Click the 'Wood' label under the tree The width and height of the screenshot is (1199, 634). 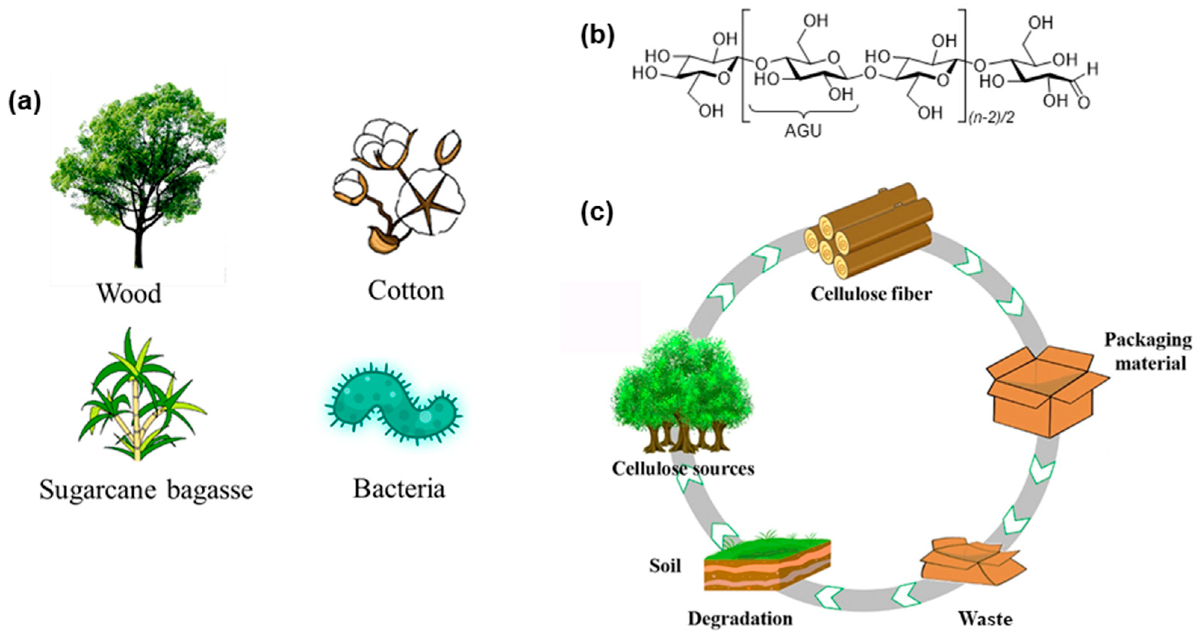129,294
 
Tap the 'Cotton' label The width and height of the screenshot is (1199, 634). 406,291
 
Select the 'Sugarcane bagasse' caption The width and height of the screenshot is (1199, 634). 146,490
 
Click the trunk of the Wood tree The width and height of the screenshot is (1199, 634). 138,247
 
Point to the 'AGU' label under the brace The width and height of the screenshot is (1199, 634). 803,132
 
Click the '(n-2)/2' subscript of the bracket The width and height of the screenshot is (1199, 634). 991,119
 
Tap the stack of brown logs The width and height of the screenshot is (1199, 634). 868,235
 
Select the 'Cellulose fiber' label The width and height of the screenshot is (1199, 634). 871,294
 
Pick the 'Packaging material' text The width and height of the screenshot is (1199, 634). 1148,351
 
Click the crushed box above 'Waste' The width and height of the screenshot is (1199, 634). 972,568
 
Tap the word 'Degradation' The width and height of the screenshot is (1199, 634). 740,619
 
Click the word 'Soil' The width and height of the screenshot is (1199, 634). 665,566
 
